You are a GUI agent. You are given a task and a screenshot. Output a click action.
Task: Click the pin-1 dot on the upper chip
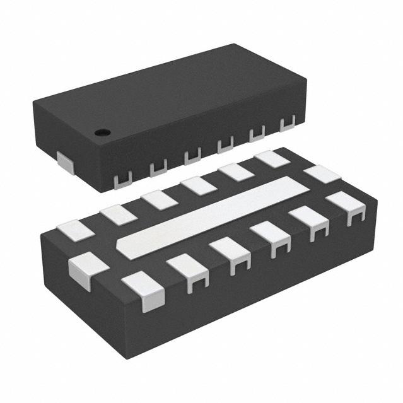pyautogui.click(x=102, y=132)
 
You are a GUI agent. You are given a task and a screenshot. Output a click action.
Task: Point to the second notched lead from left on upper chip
pyautogui.click(x=158, y=166)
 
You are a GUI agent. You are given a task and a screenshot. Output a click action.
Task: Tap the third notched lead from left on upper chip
pyautogui.click(x=192, y=155)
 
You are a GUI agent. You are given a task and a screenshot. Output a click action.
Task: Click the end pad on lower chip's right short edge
pyautogui.click(x=322, y=173)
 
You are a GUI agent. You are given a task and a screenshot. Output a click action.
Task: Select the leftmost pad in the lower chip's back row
pyautogui.click(x=76, y=231)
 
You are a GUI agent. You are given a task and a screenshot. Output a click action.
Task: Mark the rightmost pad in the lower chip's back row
pyautogui.click(x=272, y=158)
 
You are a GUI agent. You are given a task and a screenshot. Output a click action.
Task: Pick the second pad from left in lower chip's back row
pyautogui.click(x=119, y=215)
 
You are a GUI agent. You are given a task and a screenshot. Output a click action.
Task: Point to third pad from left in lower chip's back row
pyautogui.click(x=159, y=200)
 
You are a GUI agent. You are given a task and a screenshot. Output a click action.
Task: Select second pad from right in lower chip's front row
pyautogui.click(x=309, y=219)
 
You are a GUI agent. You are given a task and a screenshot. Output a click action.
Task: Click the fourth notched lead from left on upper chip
pyautogui.click(x=225, y=144)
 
